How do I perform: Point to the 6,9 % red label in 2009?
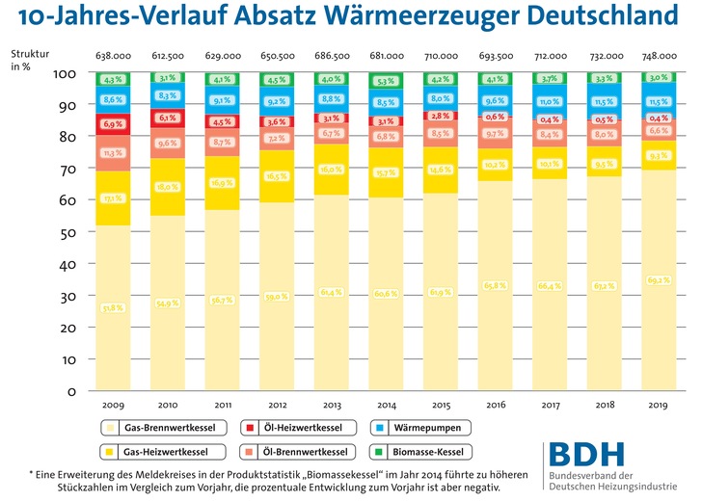(x=113, y=124)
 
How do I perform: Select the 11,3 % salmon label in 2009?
(x=113, y=152)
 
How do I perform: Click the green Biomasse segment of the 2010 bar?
(x=166, y=79)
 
